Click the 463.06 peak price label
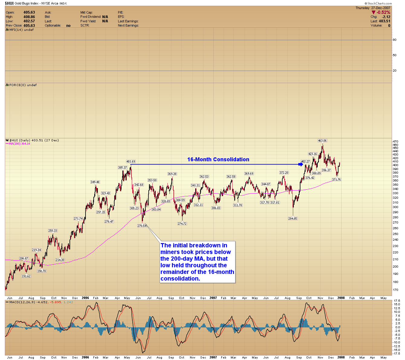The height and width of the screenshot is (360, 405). pyautogui.click(x=322, y=140)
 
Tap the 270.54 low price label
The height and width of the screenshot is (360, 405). pyautogui.click(x=142, y=226)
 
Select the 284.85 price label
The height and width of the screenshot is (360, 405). pyautogui.click(x=293, y=218)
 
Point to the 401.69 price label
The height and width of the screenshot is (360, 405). pyautogui.click(x=131, y=161)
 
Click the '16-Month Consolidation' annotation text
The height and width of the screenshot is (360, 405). pyautogui.click(x=218, y=159)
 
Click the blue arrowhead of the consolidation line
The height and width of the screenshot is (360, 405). pyautogui.click(x=300, y=164)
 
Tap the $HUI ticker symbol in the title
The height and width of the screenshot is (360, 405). pyautogui.click(x=9, y=3)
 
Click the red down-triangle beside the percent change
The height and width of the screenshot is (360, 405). pyautogui.click(x=374, y=12)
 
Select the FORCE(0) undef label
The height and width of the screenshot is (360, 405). pyautogui.click(x=23, y=85)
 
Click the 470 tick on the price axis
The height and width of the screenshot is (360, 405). pyautogui.click(x=395, y=141)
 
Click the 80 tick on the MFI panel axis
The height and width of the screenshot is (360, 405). pyautogui.click(x=394, y=40)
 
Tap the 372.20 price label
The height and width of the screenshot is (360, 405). pyautogui.click(x=284, y=172)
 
